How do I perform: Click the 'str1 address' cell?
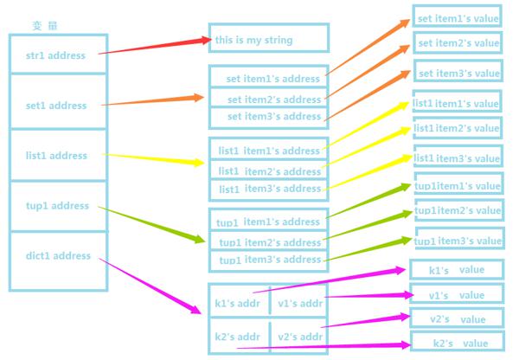(58, 54)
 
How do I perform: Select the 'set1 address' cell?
(58, 101)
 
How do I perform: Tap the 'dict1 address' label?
(58, 255)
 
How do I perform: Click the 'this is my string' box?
(269, 38)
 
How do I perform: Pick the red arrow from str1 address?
(155, 46)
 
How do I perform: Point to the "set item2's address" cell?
(269, 98)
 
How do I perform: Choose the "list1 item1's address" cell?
(269, 149)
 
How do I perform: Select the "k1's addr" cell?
(240, 300)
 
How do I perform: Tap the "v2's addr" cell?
(299, 336)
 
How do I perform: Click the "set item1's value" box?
(457, 16)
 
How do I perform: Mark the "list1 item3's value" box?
(458, 156)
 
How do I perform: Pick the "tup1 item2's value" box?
(459, 210)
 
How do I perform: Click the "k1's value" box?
(457, 270)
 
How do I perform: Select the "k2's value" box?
(458, 341)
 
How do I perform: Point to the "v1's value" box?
(457, 293)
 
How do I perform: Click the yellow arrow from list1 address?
(153, 158)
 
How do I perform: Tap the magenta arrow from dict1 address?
(150, 286)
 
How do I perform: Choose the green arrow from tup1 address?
(151, 225)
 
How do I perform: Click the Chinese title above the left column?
(45, 25)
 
